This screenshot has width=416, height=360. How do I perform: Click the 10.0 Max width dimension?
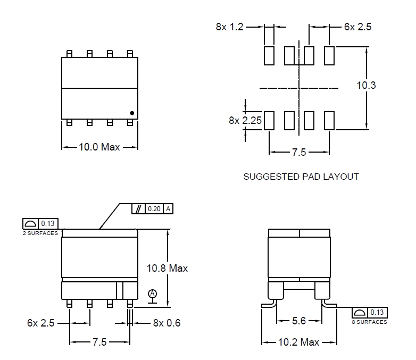coord(99,147)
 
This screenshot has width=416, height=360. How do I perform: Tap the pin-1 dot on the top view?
coord(131,113)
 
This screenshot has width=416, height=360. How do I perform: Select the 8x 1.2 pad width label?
coord(229,27)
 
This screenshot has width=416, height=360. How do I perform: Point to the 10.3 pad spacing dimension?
coord(366,85)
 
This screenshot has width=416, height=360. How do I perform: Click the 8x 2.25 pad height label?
coord(245,121)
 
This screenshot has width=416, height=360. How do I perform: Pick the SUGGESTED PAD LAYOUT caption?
coord(301,177)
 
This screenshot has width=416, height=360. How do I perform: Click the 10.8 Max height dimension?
coord(167,269)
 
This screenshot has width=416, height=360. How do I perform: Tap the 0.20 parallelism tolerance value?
coord(154,209)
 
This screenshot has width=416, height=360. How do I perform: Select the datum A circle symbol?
coord(153,294)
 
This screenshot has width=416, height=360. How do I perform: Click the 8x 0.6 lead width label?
coord(167,323)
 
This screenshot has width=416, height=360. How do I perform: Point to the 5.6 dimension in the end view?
coord(299,321)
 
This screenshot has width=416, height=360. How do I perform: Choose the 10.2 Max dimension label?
coord(298,342)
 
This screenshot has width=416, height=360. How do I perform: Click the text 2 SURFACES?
coord(40,233)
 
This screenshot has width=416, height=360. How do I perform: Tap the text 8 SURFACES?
coord(369,322)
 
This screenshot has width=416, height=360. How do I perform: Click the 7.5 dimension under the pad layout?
coord(299,153)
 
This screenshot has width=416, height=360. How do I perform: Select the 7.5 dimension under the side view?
coord(99,342)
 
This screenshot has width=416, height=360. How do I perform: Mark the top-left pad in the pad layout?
coord(269,55)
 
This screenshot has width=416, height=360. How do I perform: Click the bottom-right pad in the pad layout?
coord(329,121)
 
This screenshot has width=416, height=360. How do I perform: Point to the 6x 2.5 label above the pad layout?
coord(357,27)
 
